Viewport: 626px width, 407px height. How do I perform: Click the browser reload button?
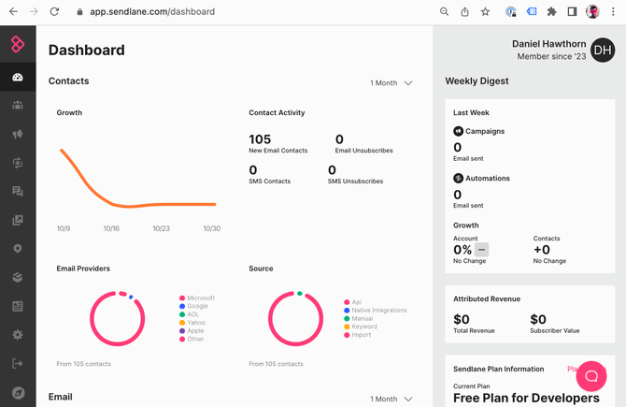(x=54, y=11)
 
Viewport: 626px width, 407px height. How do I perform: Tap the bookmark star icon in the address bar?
(x=485, y=11)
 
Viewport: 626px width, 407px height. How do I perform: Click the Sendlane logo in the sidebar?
(x=18, y=44)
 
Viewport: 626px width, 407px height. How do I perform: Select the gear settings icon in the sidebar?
(x=18, y=335)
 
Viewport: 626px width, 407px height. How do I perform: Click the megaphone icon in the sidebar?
(x=18, y=134)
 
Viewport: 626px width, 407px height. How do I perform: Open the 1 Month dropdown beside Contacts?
(x=391, y=83)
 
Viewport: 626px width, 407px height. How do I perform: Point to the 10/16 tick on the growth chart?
(x=111, y=228)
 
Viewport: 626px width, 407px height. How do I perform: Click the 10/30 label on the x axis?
(x=211, y=228)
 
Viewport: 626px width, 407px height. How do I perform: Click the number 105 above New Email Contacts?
(x=260, y=139)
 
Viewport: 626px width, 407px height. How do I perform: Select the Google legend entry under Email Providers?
(x=193, y=306)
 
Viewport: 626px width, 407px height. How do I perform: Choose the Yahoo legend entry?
(x=192, y=323)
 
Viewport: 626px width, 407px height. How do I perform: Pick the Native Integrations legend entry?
(x=376, y=311)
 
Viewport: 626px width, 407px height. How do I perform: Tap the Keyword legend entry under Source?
(x=361, y=327)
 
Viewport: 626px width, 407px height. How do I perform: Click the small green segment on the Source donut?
(x=300, y=294)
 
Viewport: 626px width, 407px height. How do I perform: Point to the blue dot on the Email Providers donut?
(x=131, y=297)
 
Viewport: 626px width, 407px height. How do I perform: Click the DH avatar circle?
(x=603, y=50)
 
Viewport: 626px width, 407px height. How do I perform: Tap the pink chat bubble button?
(x=591, y=376)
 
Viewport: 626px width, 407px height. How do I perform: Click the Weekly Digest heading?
(x=477, y=81)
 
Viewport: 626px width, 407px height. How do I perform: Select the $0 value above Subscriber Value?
(x=538, y=319)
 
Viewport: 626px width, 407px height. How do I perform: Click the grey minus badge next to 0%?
(x=481, y=250)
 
